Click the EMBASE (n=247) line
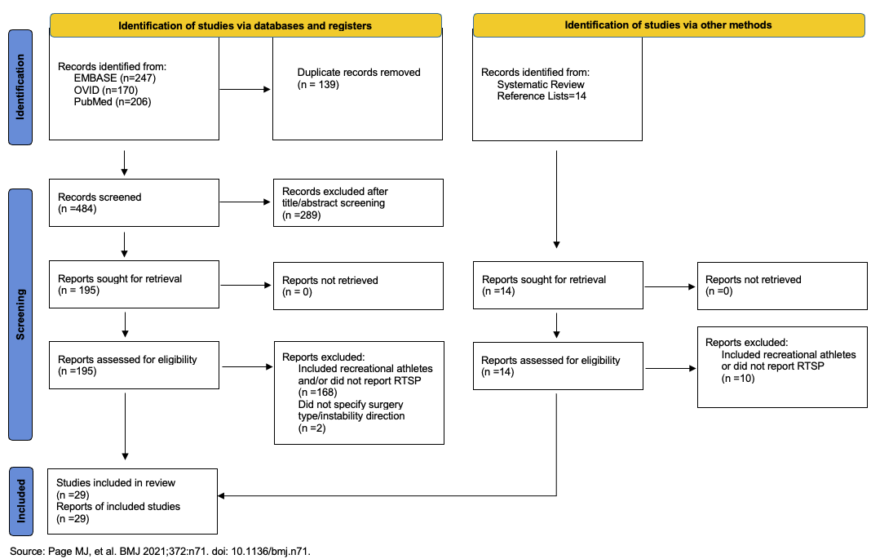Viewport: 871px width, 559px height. pos(114,78)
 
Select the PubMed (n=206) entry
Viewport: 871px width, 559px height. pos(113,102)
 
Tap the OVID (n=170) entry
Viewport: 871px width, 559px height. pos(105,90)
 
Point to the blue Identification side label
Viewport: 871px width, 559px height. pos(20,87)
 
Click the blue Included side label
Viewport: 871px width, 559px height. pos(21,501)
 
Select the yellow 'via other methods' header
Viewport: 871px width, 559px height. pos(669,25)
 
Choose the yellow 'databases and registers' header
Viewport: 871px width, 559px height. pos(245,25)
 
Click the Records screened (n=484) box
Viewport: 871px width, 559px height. pos(134,203)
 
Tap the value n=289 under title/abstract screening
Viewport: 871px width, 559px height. pos(302,215)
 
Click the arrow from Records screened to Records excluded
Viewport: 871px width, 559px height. pos(245,202)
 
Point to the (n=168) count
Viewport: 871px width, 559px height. pos(318,393)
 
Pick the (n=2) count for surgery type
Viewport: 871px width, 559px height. pos(312,428)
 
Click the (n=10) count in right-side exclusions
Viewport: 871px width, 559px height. pos(738,379)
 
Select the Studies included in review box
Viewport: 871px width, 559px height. pos(132,502)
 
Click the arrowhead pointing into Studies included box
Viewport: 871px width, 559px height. pos(220,495)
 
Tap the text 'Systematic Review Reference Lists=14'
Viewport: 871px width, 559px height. pos(542,91)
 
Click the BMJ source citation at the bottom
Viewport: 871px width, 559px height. pos(160,551)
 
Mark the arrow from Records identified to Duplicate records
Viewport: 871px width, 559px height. pos(245,90)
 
